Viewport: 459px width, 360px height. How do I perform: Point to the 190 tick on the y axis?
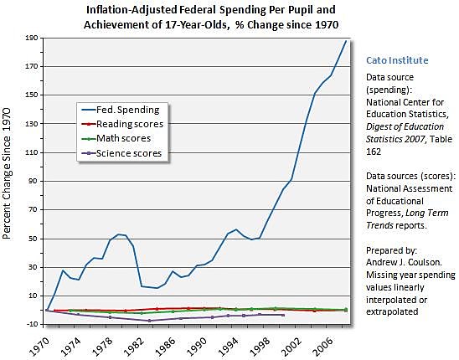click(x=33, y=39)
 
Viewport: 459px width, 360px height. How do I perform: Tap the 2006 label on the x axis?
click(x=327, y=343)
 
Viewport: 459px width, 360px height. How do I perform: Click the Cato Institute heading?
click(x=397, y=60)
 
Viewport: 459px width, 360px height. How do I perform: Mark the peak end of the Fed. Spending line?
click(x=346, y=41)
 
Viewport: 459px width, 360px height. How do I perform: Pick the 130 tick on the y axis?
click(x=33, y=124)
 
